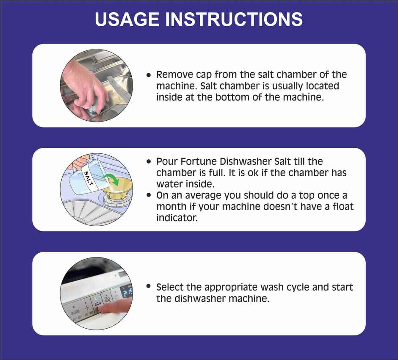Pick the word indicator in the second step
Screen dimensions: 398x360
[177, 218]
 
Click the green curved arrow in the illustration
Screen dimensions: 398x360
[112, 179]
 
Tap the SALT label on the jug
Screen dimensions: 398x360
[89, 178]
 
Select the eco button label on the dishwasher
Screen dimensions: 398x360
[98, 303]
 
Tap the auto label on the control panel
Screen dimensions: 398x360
[75, 311]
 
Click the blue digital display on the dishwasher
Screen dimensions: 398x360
[127, 292]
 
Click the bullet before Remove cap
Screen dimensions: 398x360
[149, 75]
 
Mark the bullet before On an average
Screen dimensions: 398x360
[149, 195]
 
